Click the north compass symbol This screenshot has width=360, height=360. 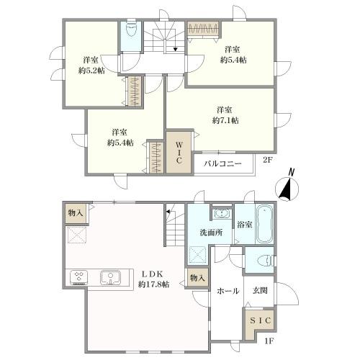tap(287, 187)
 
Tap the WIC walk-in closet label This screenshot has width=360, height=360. tap(179, 153)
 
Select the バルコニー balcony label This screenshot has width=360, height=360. tap(222, 164)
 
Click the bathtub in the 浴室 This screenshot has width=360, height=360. tap(264, 224)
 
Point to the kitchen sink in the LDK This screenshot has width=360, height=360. tap(110, 277)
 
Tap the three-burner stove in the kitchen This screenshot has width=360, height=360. tap(78, 277)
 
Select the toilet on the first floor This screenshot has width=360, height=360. tap(265, 261)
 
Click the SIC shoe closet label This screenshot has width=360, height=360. tap(260, 320)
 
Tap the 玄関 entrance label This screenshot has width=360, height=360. tap(260, 291)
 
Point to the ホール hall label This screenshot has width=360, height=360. tap(228, 291)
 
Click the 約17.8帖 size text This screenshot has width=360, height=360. tap(153, 284)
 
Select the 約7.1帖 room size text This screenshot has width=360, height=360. tap(225, 120)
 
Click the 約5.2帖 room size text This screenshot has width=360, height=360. tap(91, 71)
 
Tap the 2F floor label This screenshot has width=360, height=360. tap(268, 160)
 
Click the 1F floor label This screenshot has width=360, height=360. tap(269, 341)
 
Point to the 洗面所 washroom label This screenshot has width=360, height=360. tap(211, 233)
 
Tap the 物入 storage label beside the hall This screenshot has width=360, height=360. tap(197, 278)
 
